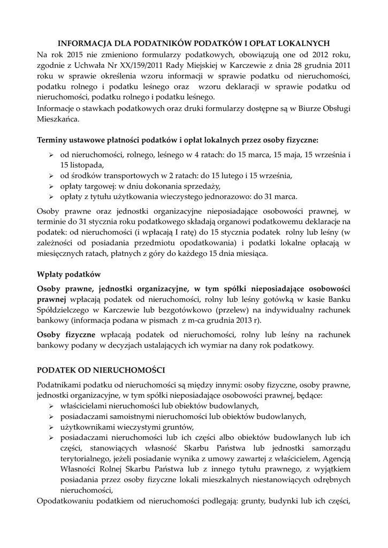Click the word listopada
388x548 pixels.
(82, 165)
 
